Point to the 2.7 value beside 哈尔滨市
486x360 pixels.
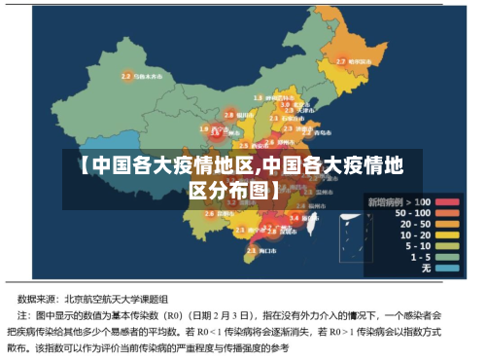click(x=340, y=61)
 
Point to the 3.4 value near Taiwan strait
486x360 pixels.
click(x=295, y=218)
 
